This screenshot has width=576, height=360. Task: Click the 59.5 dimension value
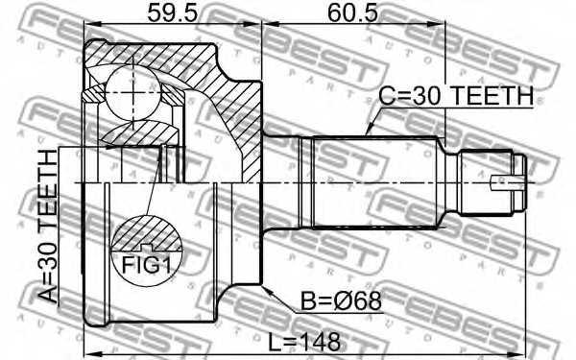[x=172, y=13]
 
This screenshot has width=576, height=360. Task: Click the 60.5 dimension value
[x=352, y=13]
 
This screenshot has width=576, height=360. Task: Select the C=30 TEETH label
[x=456, y=95]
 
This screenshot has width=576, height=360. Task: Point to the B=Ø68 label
[x=341, y=301]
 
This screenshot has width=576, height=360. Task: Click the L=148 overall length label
[x=304, y=343]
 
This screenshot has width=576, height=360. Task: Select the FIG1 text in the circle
[x=147, y=265]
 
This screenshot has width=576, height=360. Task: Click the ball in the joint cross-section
[x=132, y=92]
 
